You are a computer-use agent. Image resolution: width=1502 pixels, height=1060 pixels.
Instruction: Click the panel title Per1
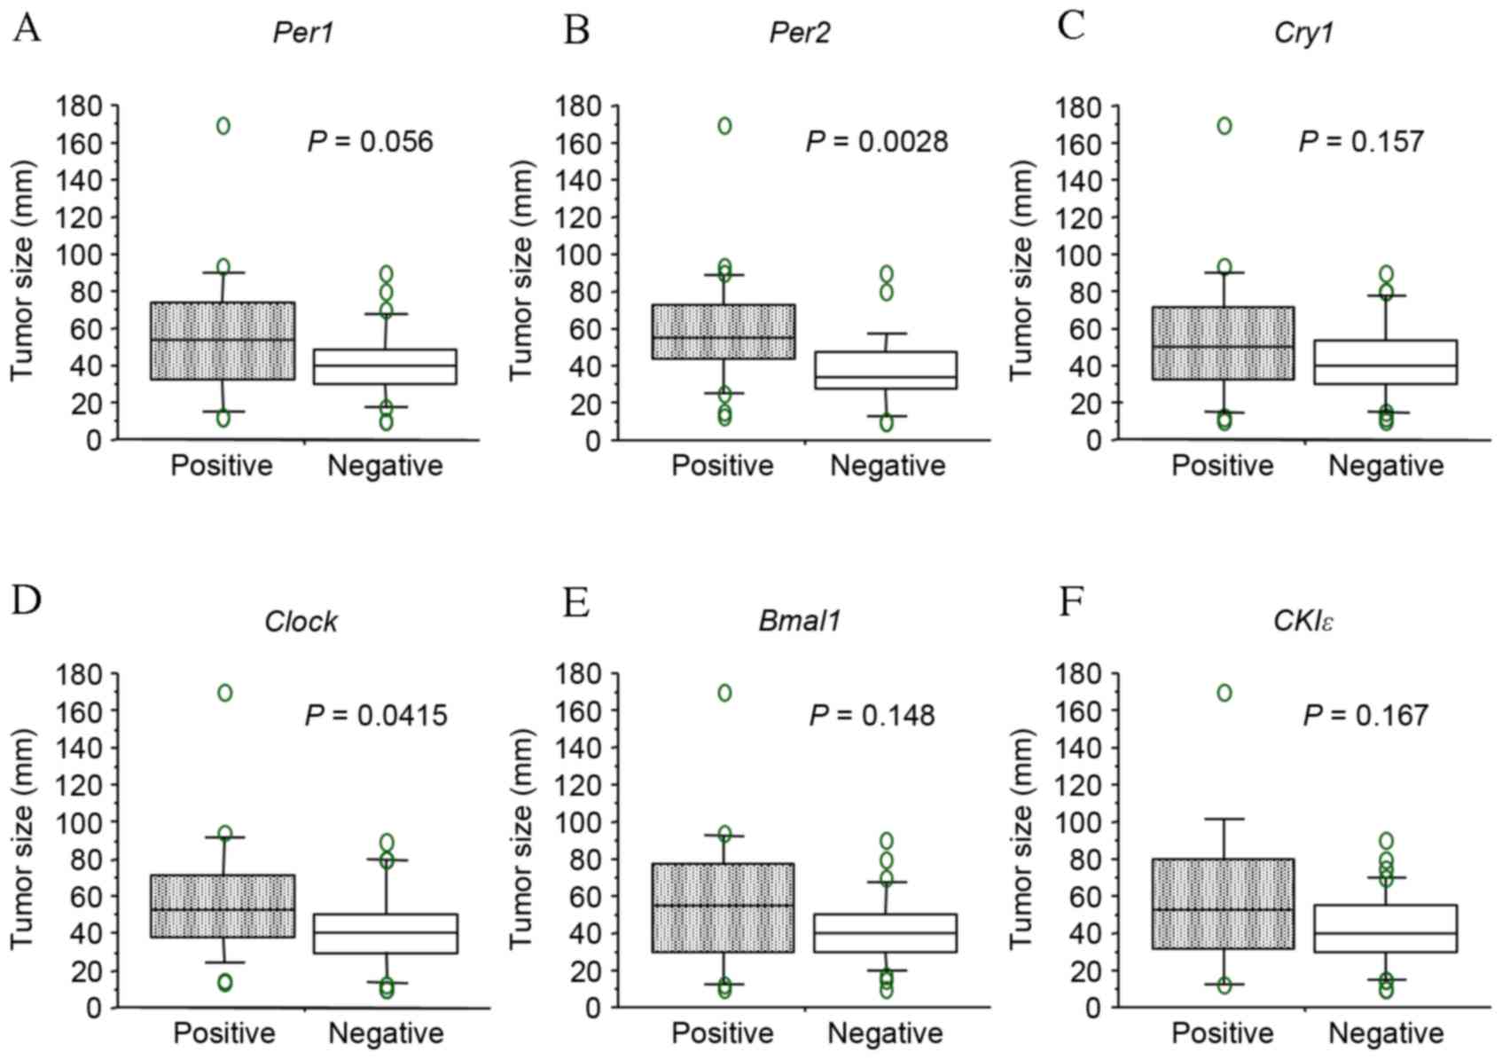303,34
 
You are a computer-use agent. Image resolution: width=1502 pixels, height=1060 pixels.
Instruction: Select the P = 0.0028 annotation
876,142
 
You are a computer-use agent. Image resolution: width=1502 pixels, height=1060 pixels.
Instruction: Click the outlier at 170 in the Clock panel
224,693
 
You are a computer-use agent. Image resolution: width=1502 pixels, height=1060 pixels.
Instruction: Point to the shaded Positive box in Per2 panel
724,332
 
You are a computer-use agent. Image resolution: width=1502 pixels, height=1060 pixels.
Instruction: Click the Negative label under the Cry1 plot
1386,466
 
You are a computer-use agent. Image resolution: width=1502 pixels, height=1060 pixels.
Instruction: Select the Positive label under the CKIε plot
1223,1033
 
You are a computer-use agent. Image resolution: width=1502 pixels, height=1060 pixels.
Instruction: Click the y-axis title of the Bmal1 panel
523,838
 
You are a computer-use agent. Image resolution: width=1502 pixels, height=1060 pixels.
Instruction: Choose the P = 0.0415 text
377,716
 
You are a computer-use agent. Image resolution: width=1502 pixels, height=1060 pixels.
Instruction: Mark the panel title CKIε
1303,621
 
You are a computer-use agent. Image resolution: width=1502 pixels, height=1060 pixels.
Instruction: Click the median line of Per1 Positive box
222,340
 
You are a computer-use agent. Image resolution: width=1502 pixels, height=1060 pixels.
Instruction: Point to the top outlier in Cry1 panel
1224,126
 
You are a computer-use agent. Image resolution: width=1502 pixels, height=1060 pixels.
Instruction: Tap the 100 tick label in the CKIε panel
1077,822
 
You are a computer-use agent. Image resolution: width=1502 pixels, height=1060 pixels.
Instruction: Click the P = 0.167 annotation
1365,716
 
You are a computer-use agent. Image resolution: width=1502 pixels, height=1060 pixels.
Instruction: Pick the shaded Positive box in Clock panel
222,907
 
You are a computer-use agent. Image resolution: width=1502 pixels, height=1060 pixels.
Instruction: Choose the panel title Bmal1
800,621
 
